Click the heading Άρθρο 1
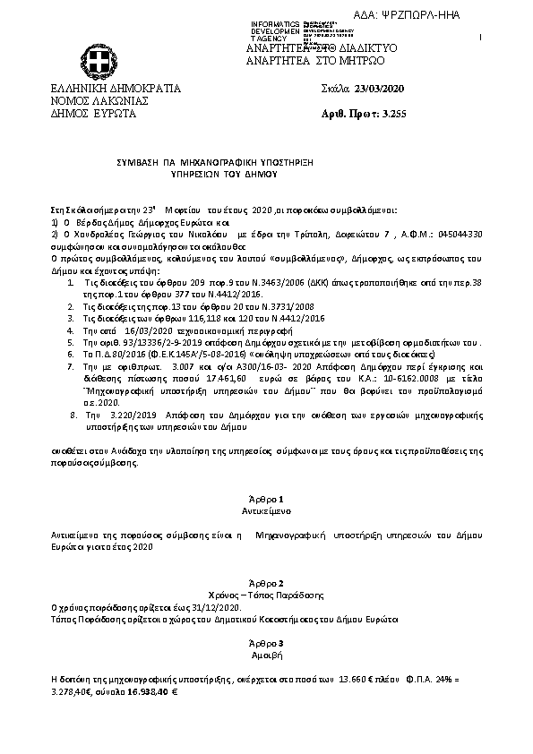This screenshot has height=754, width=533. pos(267,498)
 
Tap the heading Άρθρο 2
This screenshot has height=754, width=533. pos(267,582)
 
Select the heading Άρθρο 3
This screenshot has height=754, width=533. pos(267,643)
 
